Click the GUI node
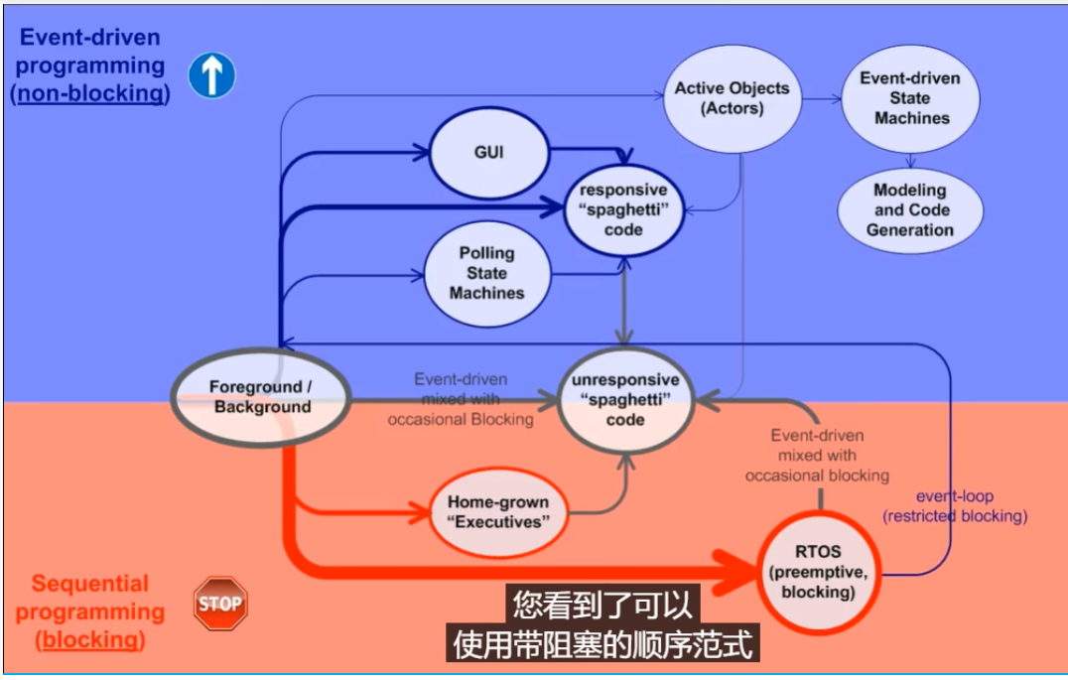(x=488, y=153)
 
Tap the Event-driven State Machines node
(x=910, y=98)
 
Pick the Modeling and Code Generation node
(x=909, y=209)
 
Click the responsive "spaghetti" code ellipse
(x=624, y=209)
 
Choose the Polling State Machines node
(x=486, y=273)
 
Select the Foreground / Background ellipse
(x=260, y=396)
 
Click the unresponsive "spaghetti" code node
(x=624, y=399)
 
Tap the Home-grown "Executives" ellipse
(x=498, y=511)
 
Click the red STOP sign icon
(x=219, y=604)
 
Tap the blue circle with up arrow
(x=211, y=75)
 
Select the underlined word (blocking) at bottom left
(x=90, y=639)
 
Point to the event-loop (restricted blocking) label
(x=954, y=506)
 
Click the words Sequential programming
(x=90, y=597)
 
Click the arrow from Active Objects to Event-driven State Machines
(x=819, y=99)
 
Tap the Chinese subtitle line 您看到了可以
(x=601, y=605)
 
